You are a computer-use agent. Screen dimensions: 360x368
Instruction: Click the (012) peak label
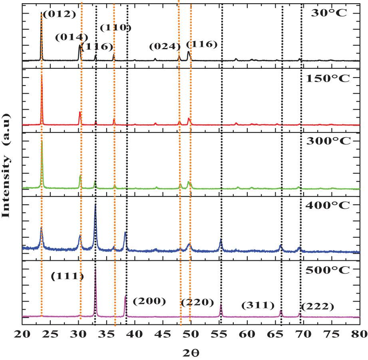click(x=59, y=14)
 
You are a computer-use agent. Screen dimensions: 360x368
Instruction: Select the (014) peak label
click(x=72, y=37)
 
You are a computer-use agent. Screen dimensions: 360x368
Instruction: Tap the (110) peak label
click(x=115, y=28)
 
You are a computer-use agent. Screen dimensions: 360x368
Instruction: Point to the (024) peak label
click(x=165, y=46)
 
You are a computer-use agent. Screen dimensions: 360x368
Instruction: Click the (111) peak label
click(x=67, y=276)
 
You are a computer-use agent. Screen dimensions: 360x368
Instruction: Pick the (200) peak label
click(x=149, y=301)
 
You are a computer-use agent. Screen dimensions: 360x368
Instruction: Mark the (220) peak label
click(x=197, y=302)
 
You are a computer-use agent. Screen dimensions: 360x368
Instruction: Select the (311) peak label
click(x=258, y=306)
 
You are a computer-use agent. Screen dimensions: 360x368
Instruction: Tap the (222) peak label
click(x=317, y=307)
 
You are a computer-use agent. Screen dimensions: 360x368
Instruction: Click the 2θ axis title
click(x=191, y=353)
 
